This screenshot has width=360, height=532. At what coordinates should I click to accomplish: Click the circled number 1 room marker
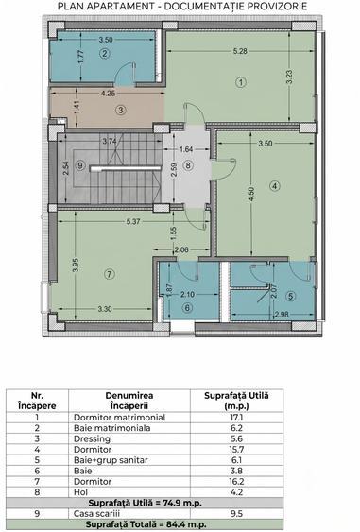241,82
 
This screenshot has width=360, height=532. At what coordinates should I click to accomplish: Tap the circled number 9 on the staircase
80,165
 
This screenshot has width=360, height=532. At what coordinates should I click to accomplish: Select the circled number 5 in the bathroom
290,296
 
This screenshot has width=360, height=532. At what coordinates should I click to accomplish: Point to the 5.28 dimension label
240,51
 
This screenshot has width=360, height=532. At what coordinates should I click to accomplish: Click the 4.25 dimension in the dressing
108,93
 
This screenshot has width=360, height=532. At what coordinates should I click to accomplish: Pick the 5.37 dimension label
133,222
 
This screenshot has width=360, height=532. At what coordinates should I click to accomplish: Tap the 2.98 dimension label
282,314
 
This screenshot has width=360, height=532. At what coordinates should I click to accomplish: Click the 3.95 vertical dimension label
76,266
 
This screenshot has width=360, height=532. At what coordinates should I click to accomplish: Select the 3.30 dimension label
105,309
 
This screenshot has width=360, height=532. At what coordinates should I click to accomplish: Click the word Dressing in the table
92,439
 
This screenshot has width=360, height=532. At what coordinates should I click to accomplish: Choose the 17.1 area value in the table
236,418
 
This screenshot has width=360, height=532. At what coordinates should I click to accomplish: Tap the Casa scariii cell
96,514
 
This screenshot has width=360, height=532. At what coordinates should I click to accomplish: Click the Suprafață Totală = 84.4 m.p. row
146,524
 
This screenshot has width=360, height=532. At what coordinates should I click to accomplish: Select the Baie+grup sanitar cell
111,460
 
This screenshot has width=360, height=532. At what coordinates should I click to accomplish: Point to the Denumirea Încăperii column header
129,401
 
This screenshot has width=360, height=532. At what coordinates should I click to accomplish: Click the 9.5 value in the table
236,514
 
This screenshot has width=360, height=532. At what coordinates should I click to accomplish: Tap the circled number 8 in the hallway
188,165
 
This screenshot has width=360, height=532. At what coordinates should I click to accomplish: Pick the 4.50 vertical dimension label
251,194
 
